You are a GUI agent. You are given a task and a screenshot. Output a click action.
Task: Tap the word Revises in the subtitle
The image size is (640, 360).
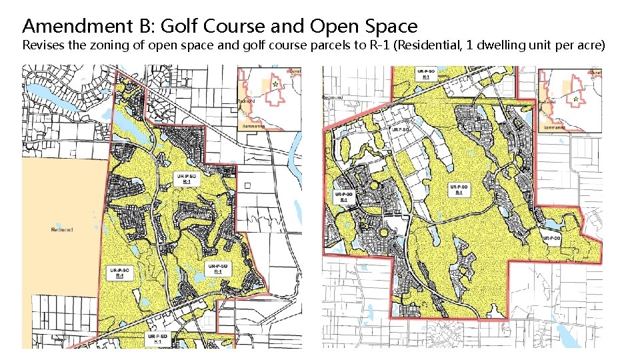click(x=41, y=46)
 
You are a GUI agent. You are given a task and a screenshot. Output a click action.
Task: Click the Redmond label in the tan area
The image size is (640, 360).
click(x=61, y=230)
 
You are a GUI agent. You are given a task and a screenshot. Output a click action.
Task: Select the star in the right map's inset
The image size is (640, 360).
click(x=575, y=98)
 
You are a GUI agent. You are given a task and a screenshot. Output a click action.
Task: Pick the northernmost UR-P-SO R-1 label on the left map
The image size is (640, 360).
click(x=186, y=179)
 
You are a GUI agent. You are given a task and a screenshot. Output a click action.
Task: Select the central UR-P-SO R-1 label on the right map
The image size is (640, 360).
click(x=459, y=189)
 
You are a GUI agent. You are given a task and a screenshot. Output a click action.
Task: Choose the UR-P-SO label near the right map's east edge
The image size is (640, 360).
click(x=551, y=238)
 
